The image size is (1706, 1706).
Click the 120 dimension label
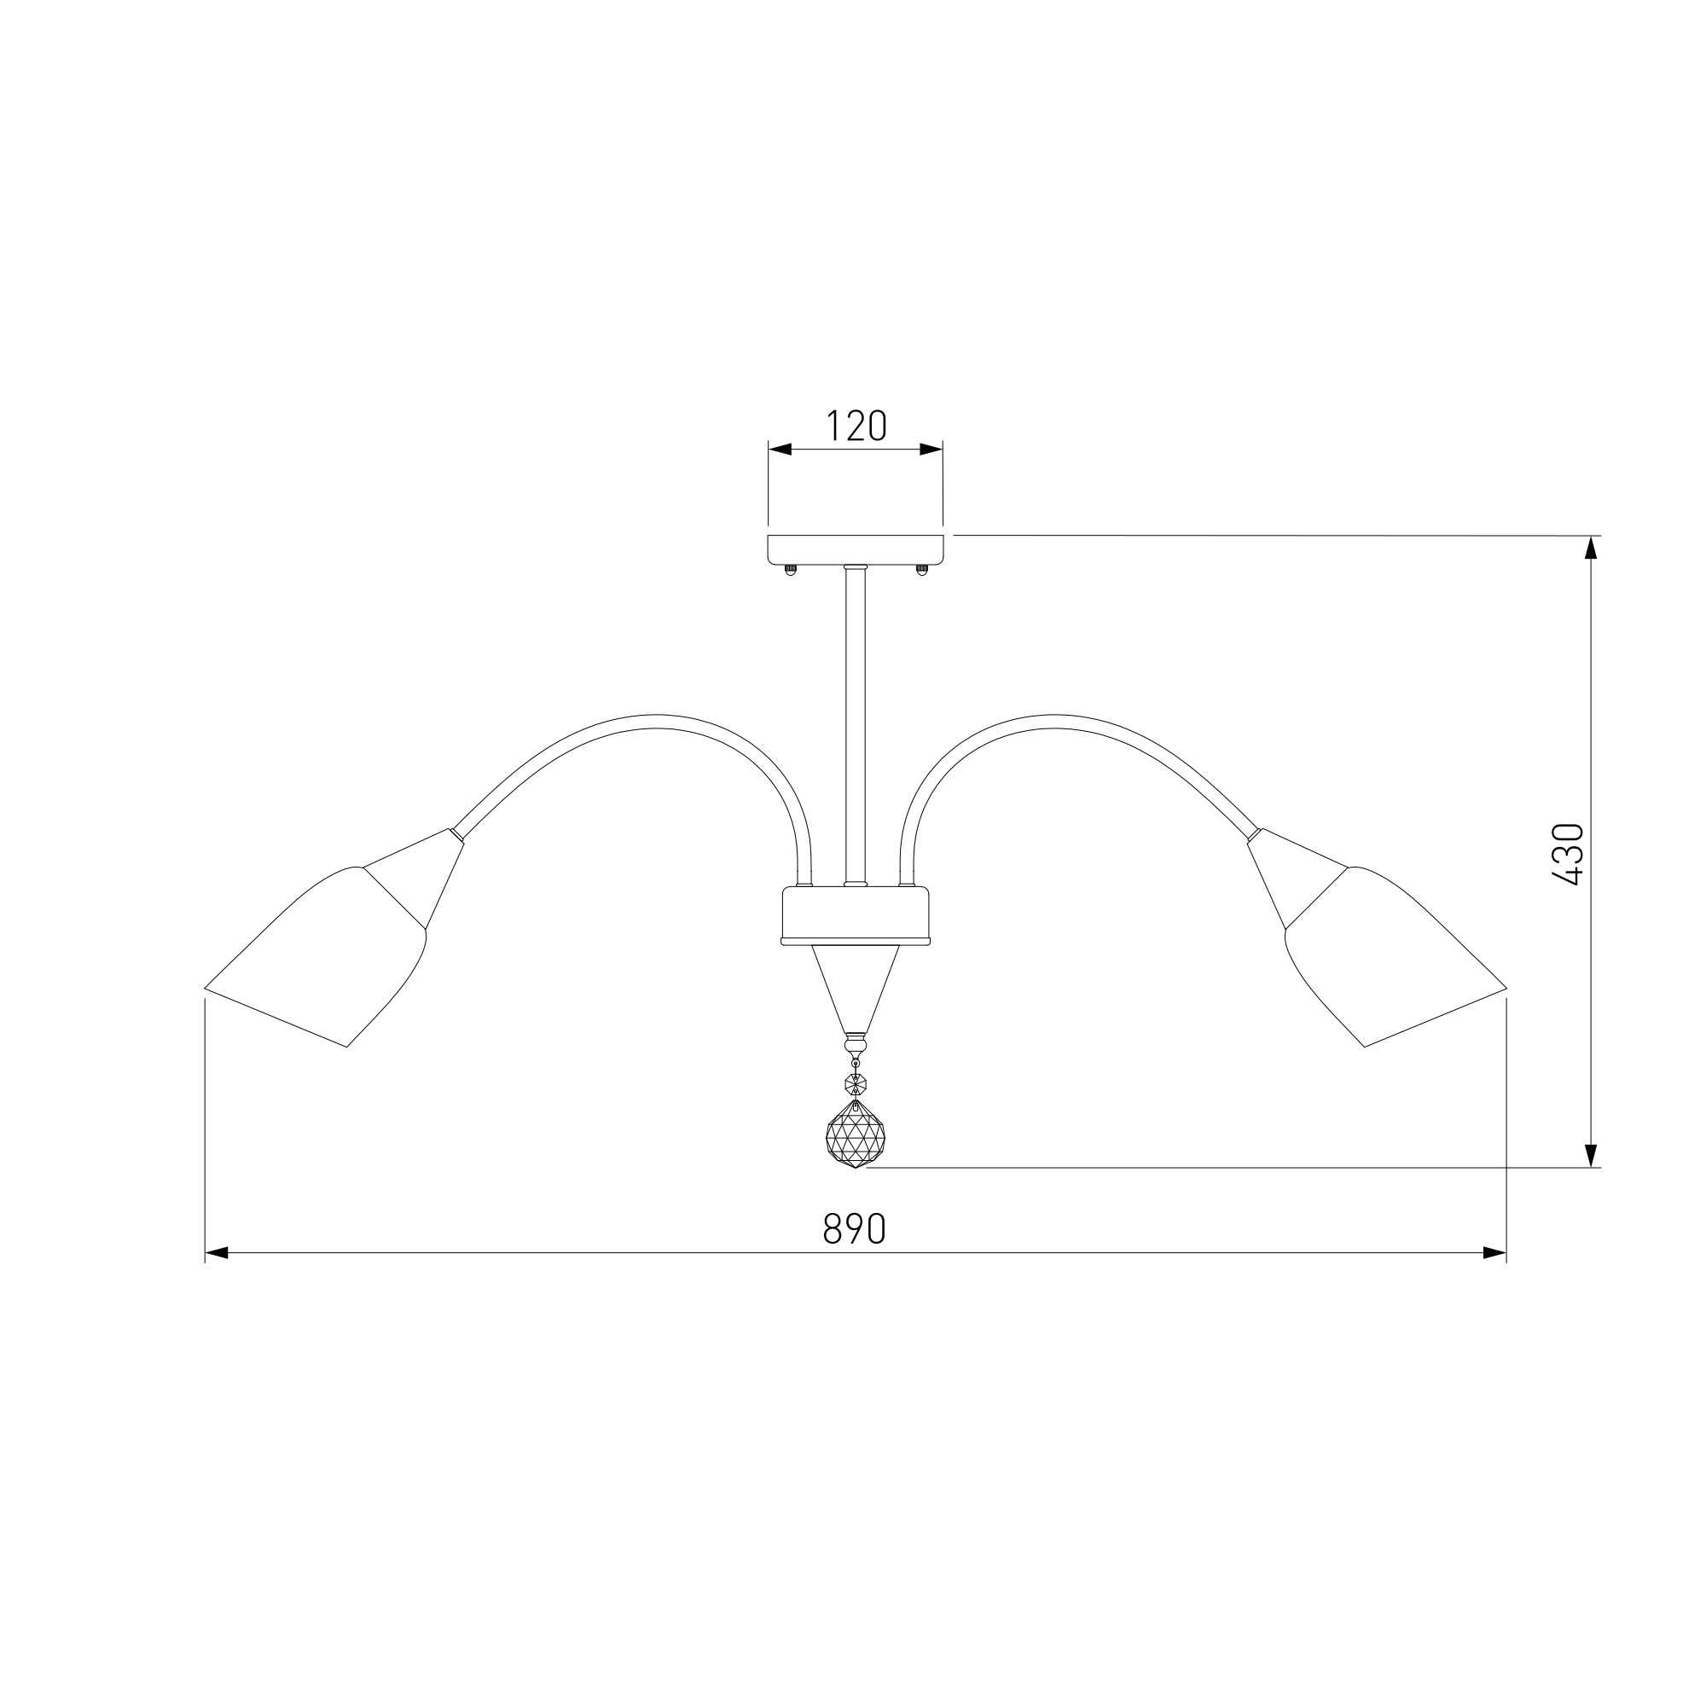point(856,426)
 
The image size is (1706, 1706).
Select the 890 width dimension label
point(854,1228)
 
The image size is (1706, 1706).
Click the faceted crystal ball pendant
point(855,1134)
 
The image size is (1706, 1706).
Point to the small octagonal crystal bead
point(855,1082)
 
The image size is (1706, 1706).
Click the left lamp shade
point(316,956)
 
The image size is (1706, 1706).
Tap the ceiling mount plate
point(856,549)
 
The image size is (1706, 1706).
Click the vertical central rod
point(855,724)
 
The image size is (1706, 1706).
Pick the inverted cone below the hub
point(855,989)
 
